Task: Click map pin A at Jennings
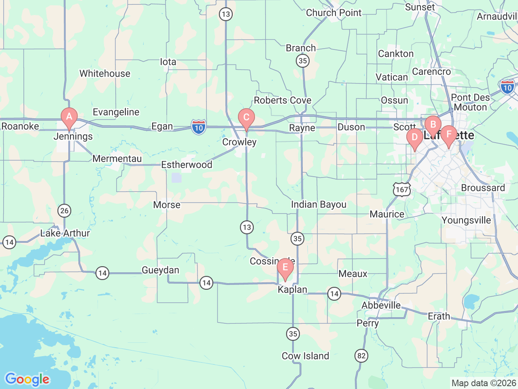point(69,118)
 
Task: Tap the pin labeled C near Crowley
point(246,118)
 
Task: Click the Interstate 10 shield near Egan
point(198,127)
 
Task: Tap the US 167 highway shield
point(402,190)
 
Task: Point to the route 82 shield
point(361,356)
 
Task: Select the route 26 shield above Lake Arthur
point(64,210)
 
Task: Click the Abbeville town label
point(381,305)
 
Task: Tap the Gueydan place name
point(160,270)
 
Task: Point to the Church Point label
point(333,13)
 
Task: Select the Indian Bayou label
point(318,205)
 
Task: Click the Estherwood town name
point(187,165)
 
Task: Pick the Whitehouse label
point(105,73)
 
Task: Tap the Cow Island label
point(305,356)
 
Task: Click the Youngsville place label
point(466,220)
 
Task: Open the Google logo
point(27,380)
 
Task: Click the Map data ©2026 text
point(484,383)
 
